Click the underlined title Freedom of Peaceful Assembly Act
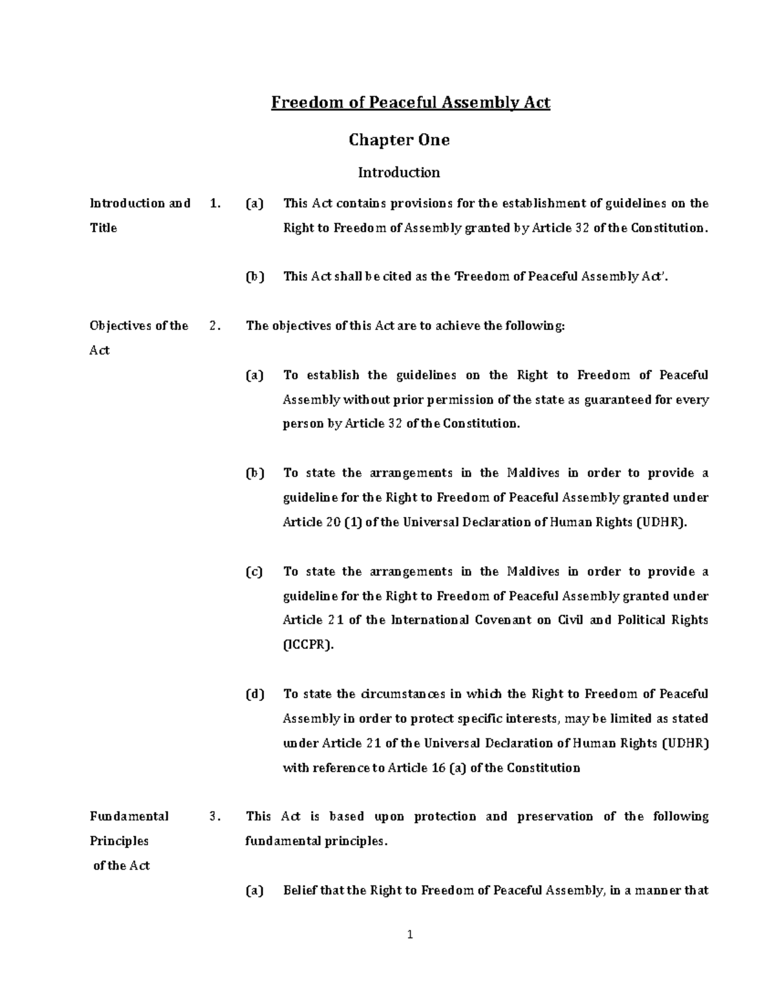pyautogui.click(x=410, y=103)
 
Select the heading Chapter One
pyautogui.click(x=399, y=140)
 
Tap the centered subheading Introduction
pyautogui.click(x=399, y=172)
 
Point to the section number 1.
pyautogui.click(x=215, y=203)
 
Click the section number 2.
pyautogui.click(x=215, y=326)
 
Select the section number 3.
pyautogui.click(x=215, y=817)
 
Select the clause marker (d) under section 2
pyautogui.click(x=255, y=694)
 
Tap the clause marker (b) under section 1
pyautogui.click(x=255, y=277)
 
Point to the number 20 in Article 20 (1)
pyautogui.click(x=333, y=522)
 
